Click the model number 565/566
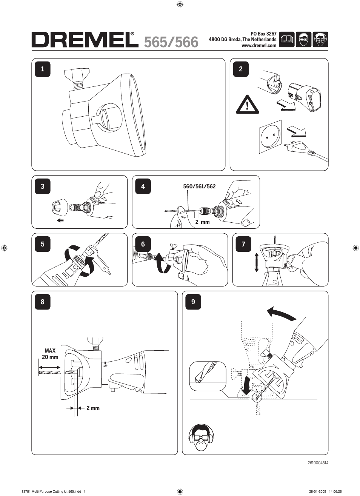click(x=171, y=42)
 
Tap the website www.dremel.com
click(x=259, y=46)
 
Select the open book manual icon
click(x=287, y=39)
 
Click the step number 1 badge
click(x=42, y=69)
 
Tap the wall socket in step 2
click(x=270, y=139)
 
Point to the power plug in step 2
click(x=298, y=147)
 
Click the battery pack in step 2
click(x=305, y=97)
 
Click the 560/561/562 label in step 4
click(x=199, y=186)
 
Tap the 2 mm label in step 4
click(x=202, y=222)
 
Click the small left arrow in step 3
click(x=60, y=220)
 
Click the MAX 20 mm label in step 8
click(x=50, y=354)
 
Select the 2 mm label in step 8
click(x=93, y=408)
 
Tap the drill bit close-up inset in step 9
click(x=208, y=376)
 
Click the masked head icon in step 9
click(x=201, y=437)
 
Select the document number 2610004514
click(x=317, y=463)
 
